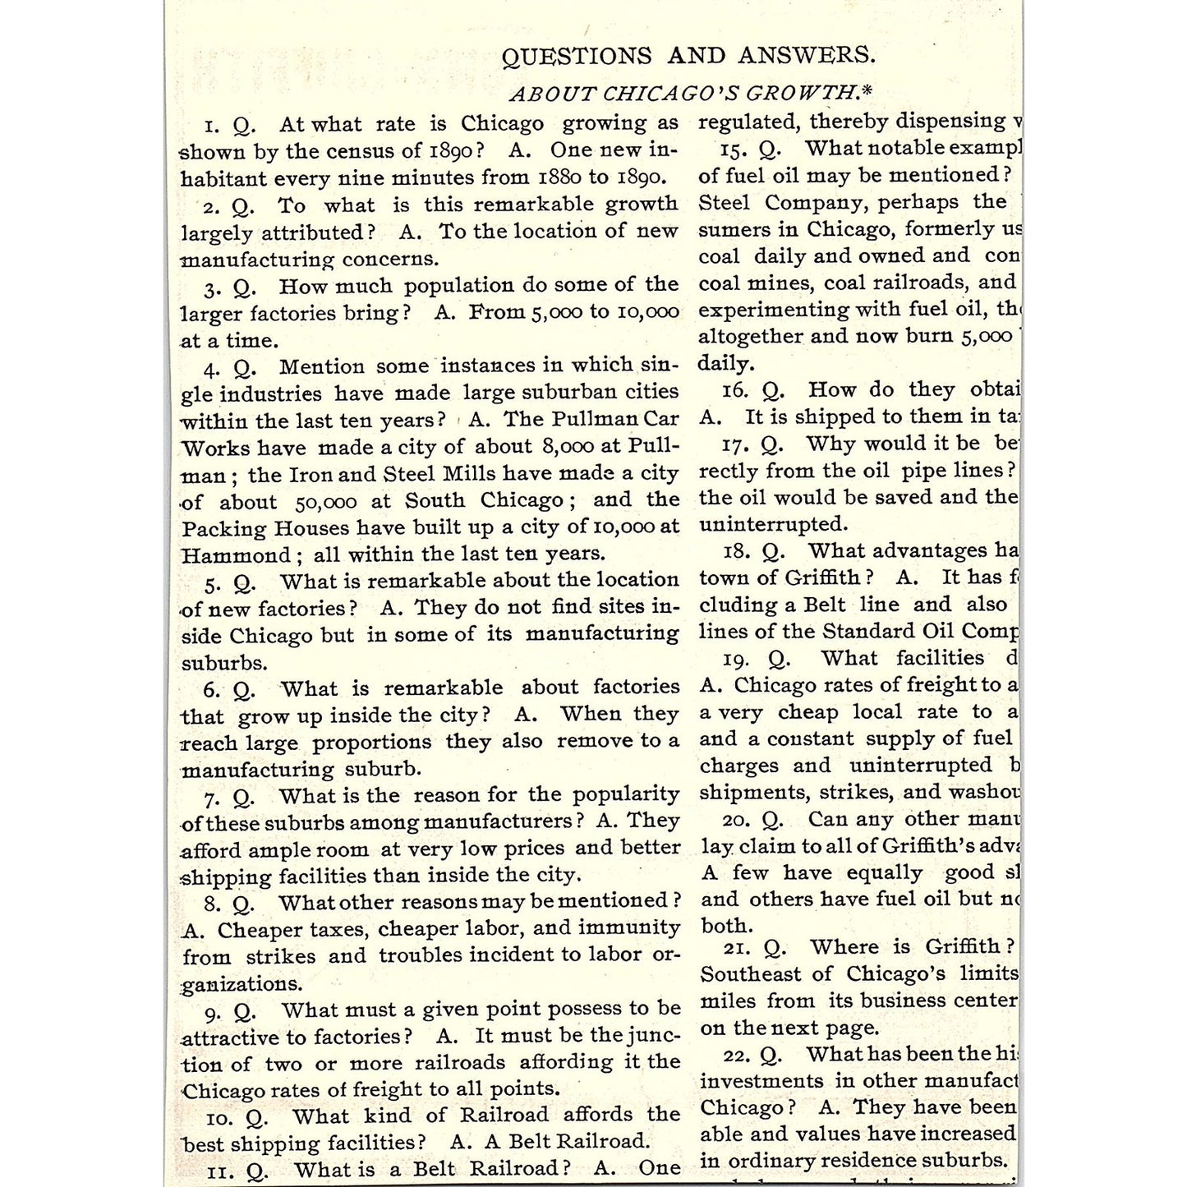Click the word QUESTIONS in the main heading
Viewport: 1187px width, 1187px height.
pos(577,56)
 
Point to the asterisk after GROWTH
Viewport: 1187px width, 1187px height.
pos(867,90)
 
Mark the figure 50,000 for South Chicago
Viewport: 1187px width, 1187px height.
pos(325,501)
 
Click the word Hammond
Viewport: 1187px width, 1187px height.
pos(236,555)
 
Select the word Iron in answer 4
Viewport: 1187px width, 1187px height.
pos(311,474)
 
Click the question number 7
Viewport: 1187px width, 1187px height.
pos(212,798)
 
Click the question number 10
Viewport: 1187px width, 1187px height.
pos(219,1118)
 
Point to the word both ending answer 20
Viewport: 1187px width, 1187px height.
pos(726,925)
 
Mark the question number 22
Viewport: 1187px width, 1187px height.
pos(737,1056)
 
